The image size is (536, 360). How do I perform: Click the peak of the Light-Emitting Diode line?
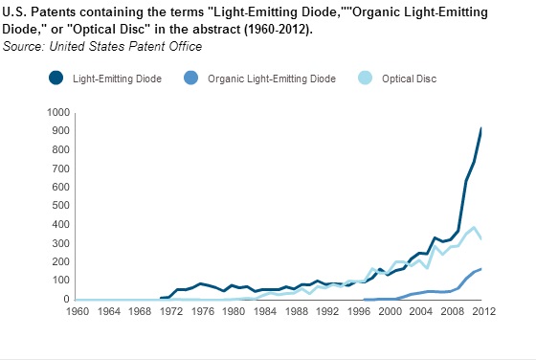click(x=480, y=128)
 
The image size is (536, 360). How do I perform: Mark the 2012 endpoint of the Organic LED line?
click(x=480, y=269)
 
